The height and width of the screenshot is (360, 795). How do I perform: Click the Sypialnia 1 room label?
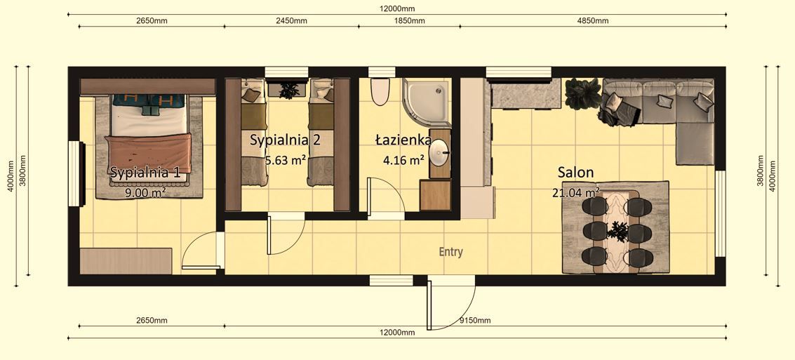[x=145, y=172]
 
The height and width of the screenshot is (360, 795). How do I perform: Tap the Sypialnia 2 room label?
[x=285, y=140]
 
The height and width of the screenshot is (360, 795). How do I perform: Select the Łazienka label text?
[x=403, y=140]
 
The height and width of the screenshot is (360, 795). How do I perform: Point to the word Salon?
[x=575, y=172]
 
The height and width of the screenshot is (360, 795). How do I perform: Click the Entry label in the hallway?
[x=450, y=252]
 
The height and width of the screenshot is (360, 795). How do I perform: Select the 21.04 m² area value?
[x=575, y=192]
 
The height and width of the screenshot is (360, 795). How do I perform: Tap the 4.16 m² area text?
[x=403, y=159]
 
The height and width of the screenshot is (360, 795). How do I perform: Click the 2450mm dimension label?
[x=290, y=20]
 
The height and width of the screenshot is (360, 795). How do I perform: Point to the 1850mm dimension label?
[x=408, y=20]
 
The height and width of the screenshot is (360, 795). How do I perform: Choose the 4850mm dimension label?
[x=592, y=20]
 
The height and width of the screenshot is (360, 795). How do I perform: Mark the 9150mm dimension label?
[x=474, y=320]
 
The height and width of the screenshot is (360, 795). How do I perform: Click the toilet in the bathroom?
[x=380, y=92]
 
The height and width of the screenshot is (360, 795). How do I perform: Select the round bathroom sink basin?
[x=440, y=153]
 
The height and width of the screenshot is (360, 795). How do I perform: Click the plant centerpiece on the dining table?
[x=619, y=229]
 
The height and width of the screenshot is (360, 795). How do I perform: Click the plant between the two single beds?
[x=288, y=89]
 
